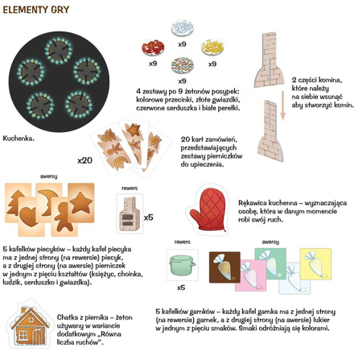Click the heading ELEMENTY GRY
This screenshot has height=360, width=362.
click(x=36, y=10)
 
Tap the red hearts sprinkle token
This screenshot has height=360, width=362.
click(x=153, y=48)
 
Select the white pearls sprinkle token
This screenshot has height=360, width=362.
click(x=183, y=28)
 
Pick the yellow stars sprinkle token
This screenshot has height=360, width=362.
click(x=212, y=48)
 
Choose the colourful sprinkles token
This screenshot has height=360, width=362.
click(x=183, y=65)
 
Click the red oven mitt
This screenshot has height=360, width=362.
click(x=208, y=209)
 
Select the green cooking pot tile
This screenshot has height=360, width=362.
click(x=183, y=264)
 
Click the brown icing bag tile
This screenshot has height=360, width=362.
click(x=224, y=267)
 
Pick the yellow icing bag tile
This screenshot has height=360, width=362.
click(x=316, y=264)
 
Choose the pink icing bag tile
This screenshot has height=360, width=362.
click(x=250, y=275)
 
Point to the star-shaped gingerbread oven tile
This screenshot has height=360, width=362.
click(x=81, y=203)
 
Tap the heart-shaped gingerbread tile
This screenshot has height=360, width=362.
click(x=30, y=217)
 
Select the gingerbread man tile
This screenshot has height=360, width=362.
click(x=64, y=217)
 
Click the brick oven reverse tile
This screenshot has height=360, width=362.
click(x=130, y=213)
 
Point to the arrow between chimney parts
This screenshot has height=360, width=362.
click(x=282, y=106)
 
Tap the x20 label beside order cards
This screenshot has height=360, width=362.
click(x=84, y=160)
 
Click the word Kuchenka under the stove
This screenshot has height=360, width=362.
click(x=19, y=139)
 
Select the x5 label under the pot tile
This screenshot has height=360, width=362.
click(x=181, y=288)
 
